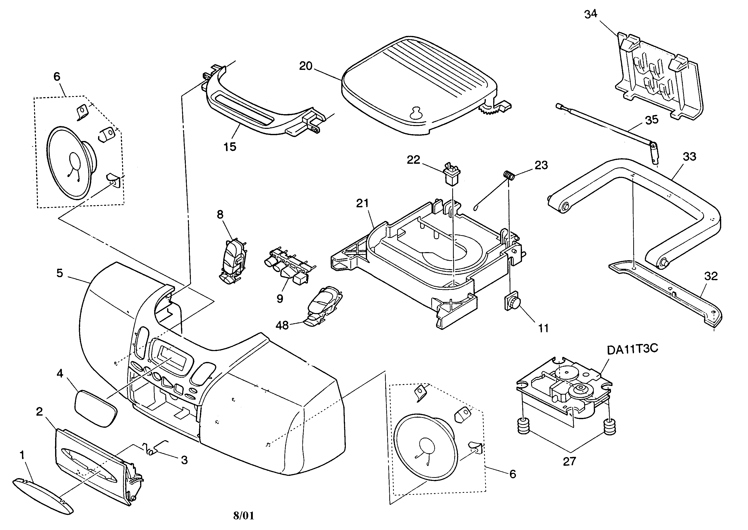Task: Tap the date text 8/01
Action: [243, 516]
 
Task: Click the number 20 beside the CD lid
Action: [306, 66]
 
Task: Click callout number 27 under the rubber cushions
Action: [569, 461]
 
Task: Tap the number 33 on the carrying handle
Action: [689, 157]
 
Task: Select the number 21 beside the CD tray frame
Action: [362, 203]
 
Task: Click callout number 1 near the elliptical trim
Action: [22, 455]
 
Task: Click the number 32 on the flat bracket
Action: [711, 276]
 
